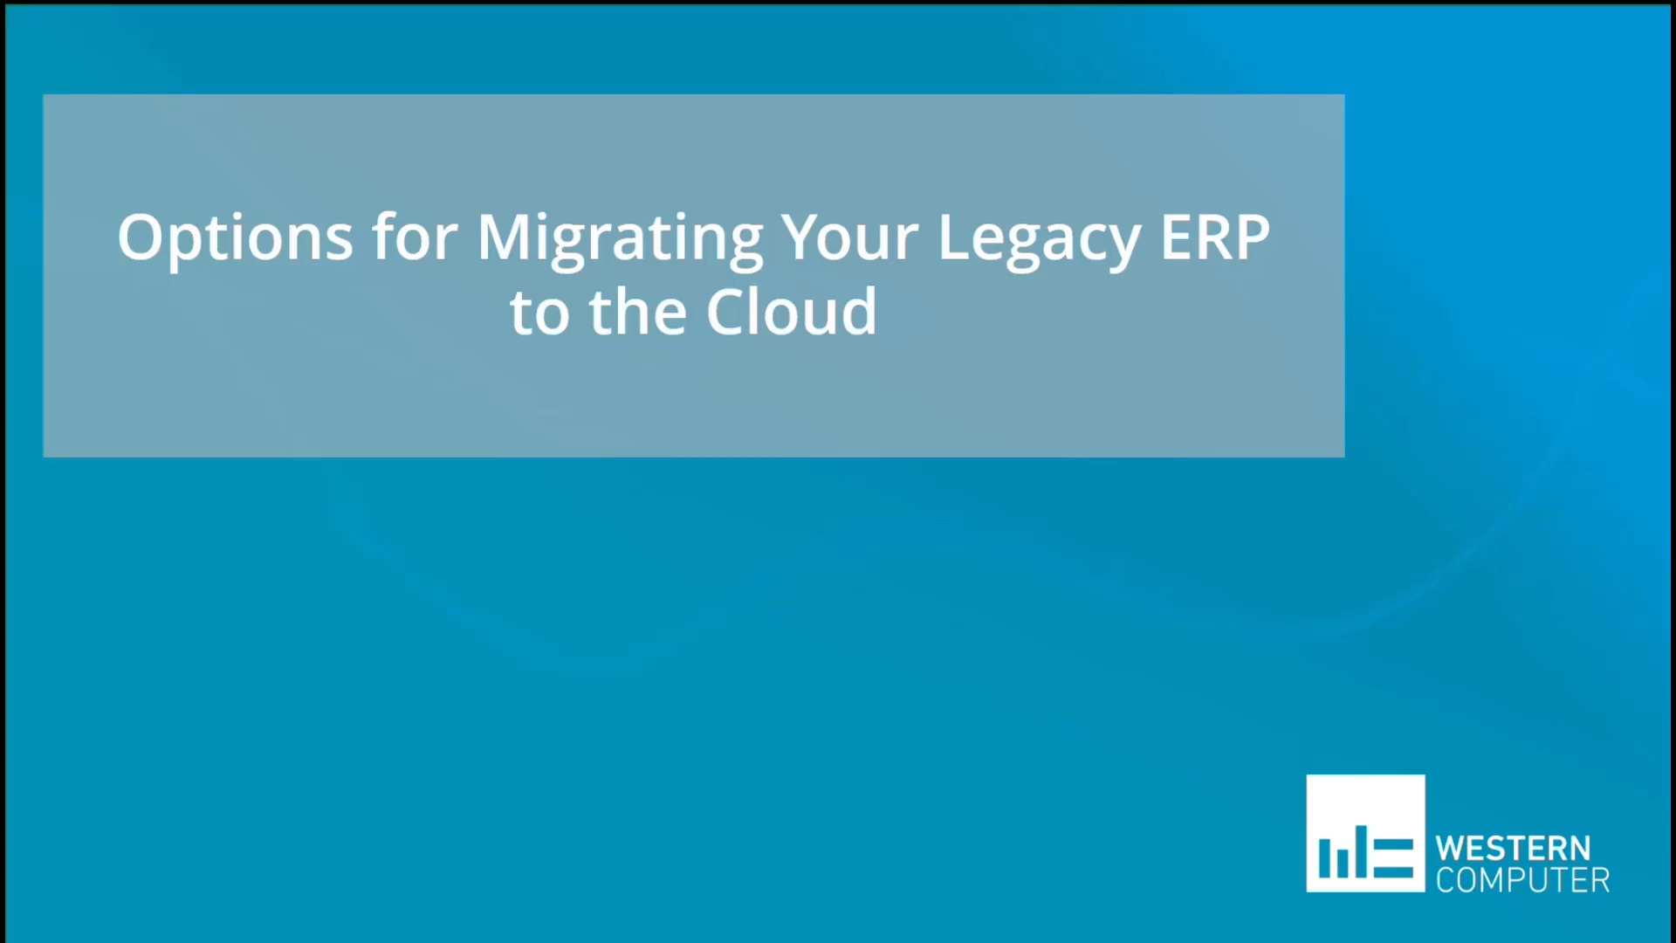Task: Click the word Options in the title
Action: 235,237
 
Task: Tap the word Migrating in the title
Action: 620,237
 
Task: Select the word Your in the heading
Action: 849,237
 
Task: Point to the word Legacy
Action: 1039,237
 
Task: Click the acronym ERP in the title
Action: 1214,237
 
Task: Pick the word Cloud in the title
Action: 791,313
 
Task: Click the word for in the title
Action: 415,237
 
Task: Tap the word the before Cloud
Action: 637,313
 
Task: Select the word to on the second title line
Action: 540,313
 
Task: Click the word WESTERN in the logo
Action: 1513,849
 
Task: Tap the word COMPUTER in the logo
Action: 1522,880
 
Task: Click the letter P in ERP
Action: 1251,237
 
